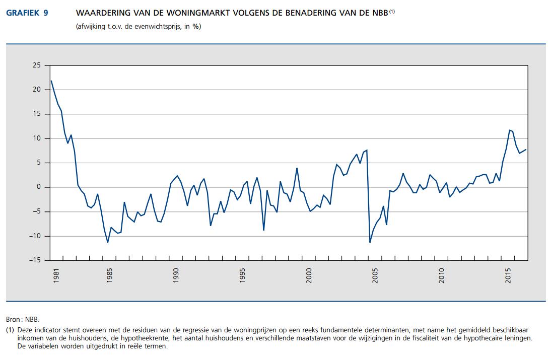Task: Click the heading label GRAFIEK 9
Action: pyautogui.click(x=27, y=13)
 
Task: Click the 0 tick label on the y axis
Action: pyautogui.click(x=38, y=187)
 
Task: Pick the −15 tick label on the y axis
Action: pyautogui.click(x=34, y=260)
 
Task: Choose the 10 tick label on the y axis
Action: pyautogui.click(x=36, y=138)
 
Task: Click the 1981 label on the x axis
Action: pyautogui.click(x=56, y=276)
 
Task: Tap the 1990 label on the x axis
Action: pyautogui.click(x=176, y=276)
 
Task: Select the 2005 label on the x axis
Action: pyautogui.click(x=375, y=276)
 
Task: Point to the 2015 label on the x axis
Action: pyautogui.click(x=508, y=276)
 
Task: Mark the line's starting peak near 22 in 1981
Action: pyautogui.click(x=51, y=81)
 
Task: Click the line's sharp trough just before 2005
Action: pyautogui.click(x=370, y=242)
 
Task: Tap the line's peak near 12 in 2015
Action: pyautogui.click(x=510, y=130)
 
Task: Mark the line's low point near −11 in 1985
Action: pyautogui.click(x=108, y=242)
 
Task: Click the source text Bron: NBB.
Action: pyautogui.click(x=22, y=319)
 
